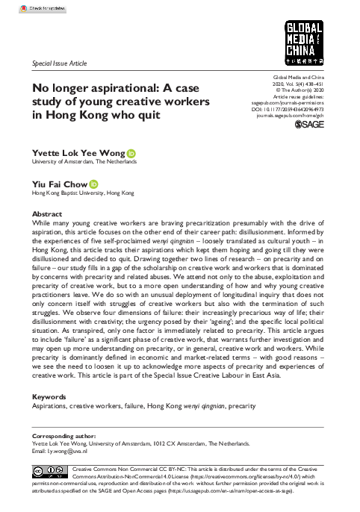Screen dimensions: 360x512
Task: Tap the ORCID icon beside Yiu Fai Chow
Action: pos(94,184)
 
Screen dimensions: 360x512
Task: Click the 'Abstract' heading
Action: pos(46,213)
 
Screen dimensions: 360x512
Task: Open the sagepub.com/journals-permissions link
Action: pos(299,103)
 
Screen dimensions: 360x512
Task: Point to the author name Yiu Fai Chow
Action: pos(58,184)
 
